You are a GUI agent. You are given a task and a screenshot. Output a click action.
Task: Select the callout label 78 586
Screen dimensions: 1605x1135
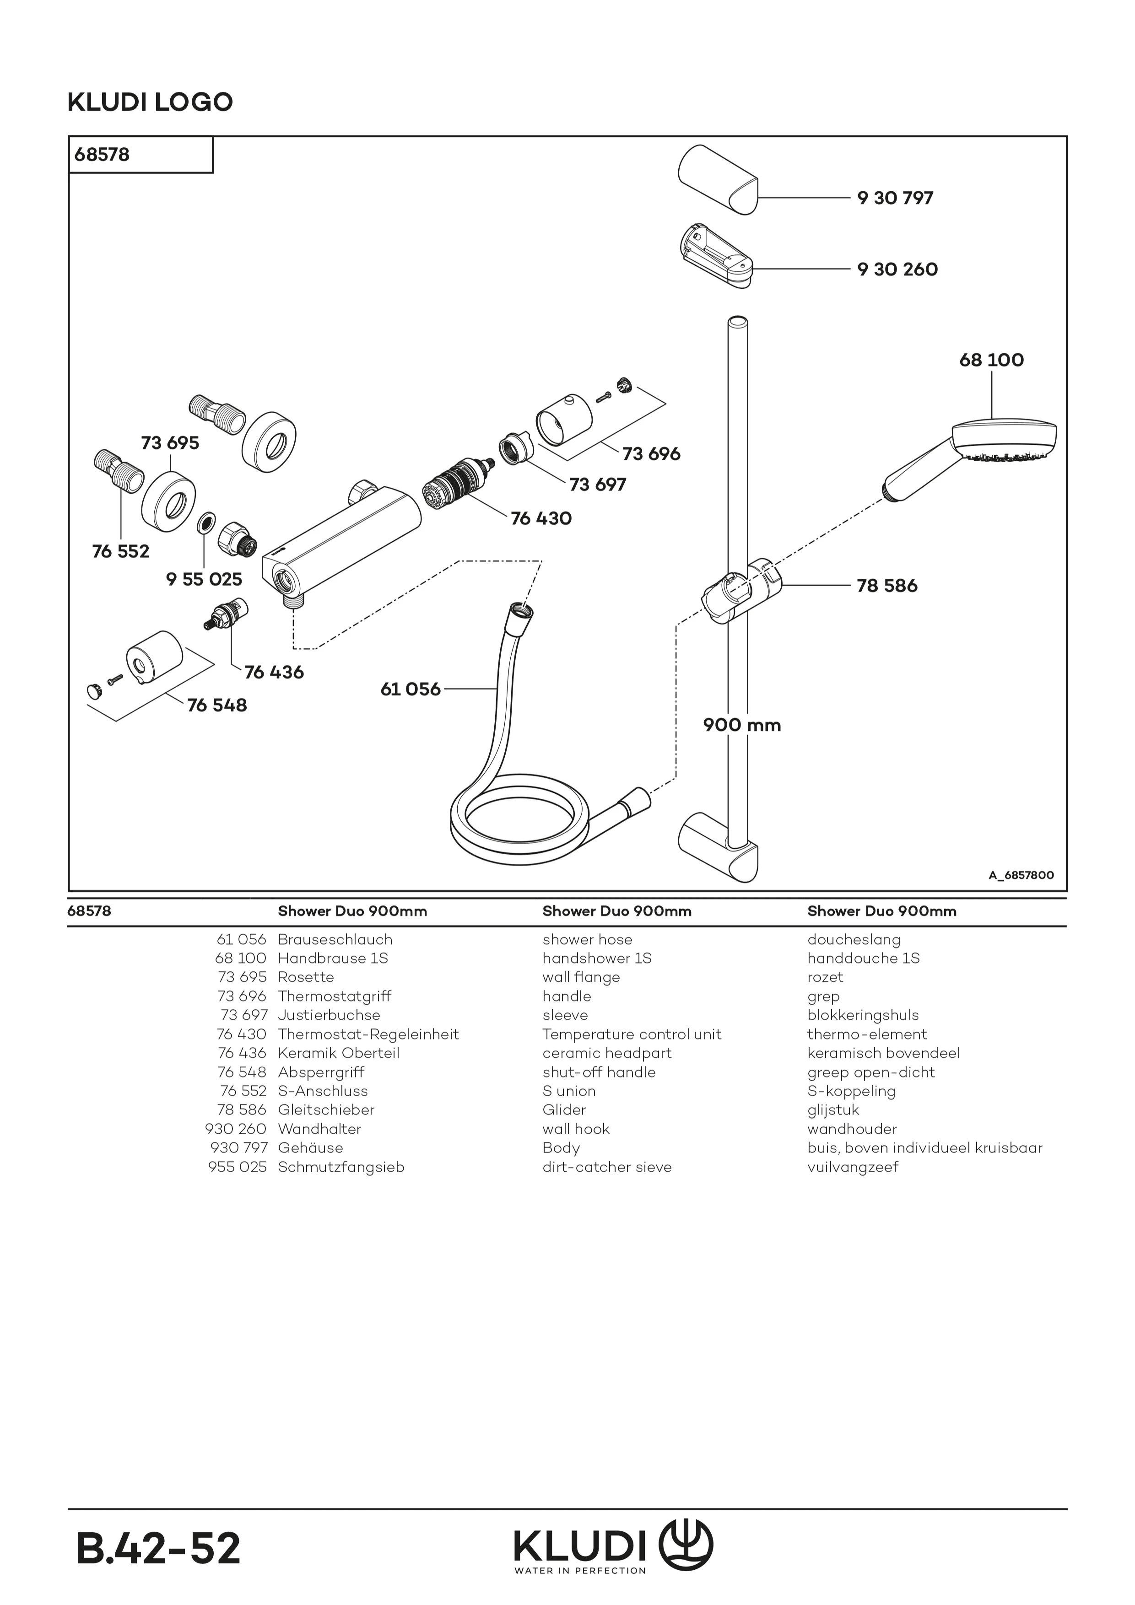click(887, 586)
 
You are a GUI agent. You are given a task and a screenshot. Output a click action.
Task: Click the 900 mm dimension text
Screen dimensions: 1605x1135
click(741, 725)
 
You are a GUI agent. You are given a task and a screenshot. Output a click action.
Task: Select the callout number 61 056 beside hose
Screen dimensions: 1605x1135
click(411, 689)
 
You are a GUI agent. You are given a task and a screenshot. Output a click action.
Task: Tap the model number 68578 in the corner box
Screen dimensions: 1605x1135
click(102, 155)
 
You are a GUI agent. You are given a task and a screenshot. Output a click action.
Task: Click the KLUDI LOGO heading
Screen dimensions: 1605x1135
click(150, 102)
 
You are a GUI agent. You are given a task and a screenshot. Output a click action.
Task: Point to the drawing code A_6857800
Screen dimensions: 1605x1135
click(1021, 875)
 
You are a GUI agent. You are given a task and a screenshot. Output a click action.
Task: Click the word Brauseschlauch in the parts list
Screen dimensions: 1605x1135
click(335, 939)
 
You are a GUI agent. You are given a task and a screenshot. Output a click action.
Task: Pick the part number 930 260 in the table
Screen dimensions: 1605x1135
click(236, 1129)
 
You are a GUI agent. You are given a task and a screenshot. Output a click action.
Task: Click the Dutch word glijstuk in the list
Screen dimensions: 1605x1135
click(833, 1110)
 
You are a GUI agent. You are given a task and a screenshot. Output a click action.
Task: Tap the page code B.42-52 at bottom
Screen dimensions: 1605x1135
click(158, 1548)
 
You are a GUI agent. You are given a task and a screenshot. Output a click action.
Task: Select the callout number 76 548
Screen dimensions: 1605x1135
click(217, 706)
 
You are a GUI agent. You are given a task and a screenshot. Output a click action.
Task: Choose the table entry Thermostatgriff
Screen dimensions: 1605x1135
click(334, 996)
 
